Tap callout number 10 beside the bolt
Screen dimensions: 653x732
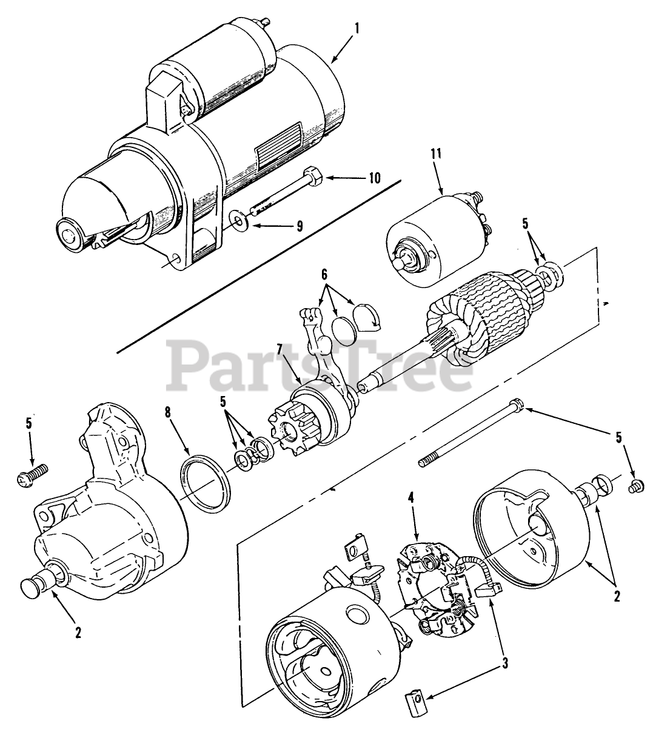click(x=374, y=178)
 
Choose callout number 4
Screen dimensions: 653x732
click(x=410, y=499)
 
